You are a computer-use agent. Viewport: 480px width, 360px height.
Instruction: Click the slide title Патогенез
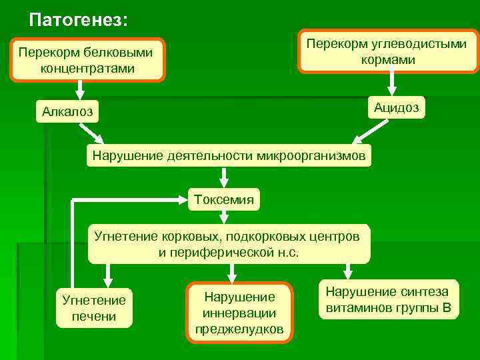[79, 19]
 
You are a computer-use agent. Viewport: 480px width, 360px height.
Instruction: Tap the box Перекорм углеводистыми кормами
[387, 51]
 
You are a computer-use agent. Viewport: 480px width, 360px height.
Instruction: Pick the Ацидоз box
[396, 107]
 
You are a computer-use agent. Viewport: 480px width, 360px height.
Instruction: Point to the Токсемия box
[223, 199]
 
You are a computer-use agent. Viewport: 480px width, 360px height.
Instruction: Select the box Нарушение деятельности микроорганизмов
[229, 156]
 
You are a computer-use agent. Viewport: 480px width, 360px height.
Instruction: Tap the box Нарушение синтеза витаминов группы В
[388, 299]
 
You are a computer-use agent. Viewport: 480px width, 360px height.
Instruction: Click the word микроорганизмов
[311, 156]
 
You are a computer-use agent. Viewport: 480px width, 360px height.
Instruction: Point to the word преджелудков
[239, 329]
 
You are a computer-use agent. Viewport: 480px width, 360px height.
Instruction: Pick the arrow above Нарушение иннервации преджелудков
[231, 270]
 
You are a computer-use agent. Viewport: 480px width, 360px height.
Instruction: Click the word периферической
[211, 253]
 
